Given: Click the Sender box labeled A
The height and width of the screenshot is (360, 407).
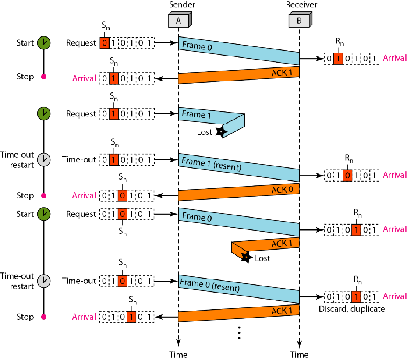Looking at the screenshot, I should [x=178, y=20].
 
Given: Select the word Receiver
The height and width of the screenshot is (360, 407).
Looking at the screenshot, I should [x=302, y=4].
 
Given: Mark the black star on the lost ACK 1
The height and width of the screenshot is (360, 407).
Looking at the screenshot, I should [x=246, y=258].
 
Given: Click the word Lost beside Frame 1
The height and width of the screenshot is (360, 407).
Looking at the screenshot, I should [x=205, y=131].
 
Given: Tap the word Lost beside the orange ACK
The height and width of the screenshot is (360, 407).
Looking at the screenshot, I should [x=262, y=258].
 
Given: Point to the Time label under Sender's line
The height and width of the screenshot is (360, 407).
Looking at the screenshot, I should [x=178, y=354].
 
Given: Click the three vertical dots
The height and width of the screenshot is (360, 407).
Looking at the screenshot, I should [x=239, y=333].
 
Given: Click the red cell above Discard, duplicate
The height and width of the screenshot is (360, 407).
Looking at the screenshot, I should [x=356, y=296].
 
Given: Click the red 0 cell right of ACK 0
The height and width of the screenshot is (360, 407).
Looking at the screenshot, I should [x=347, y=175].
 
